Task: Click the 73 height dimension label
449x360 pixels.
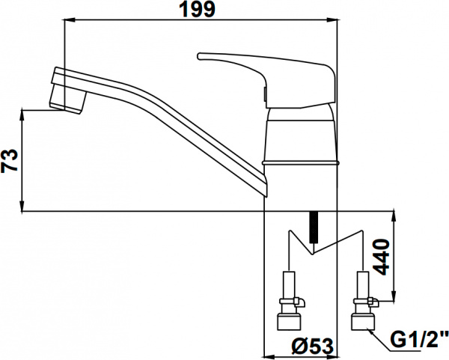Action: coord(10,161)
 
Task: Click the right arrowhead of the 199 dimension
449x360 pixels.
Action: coord(336,22)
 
